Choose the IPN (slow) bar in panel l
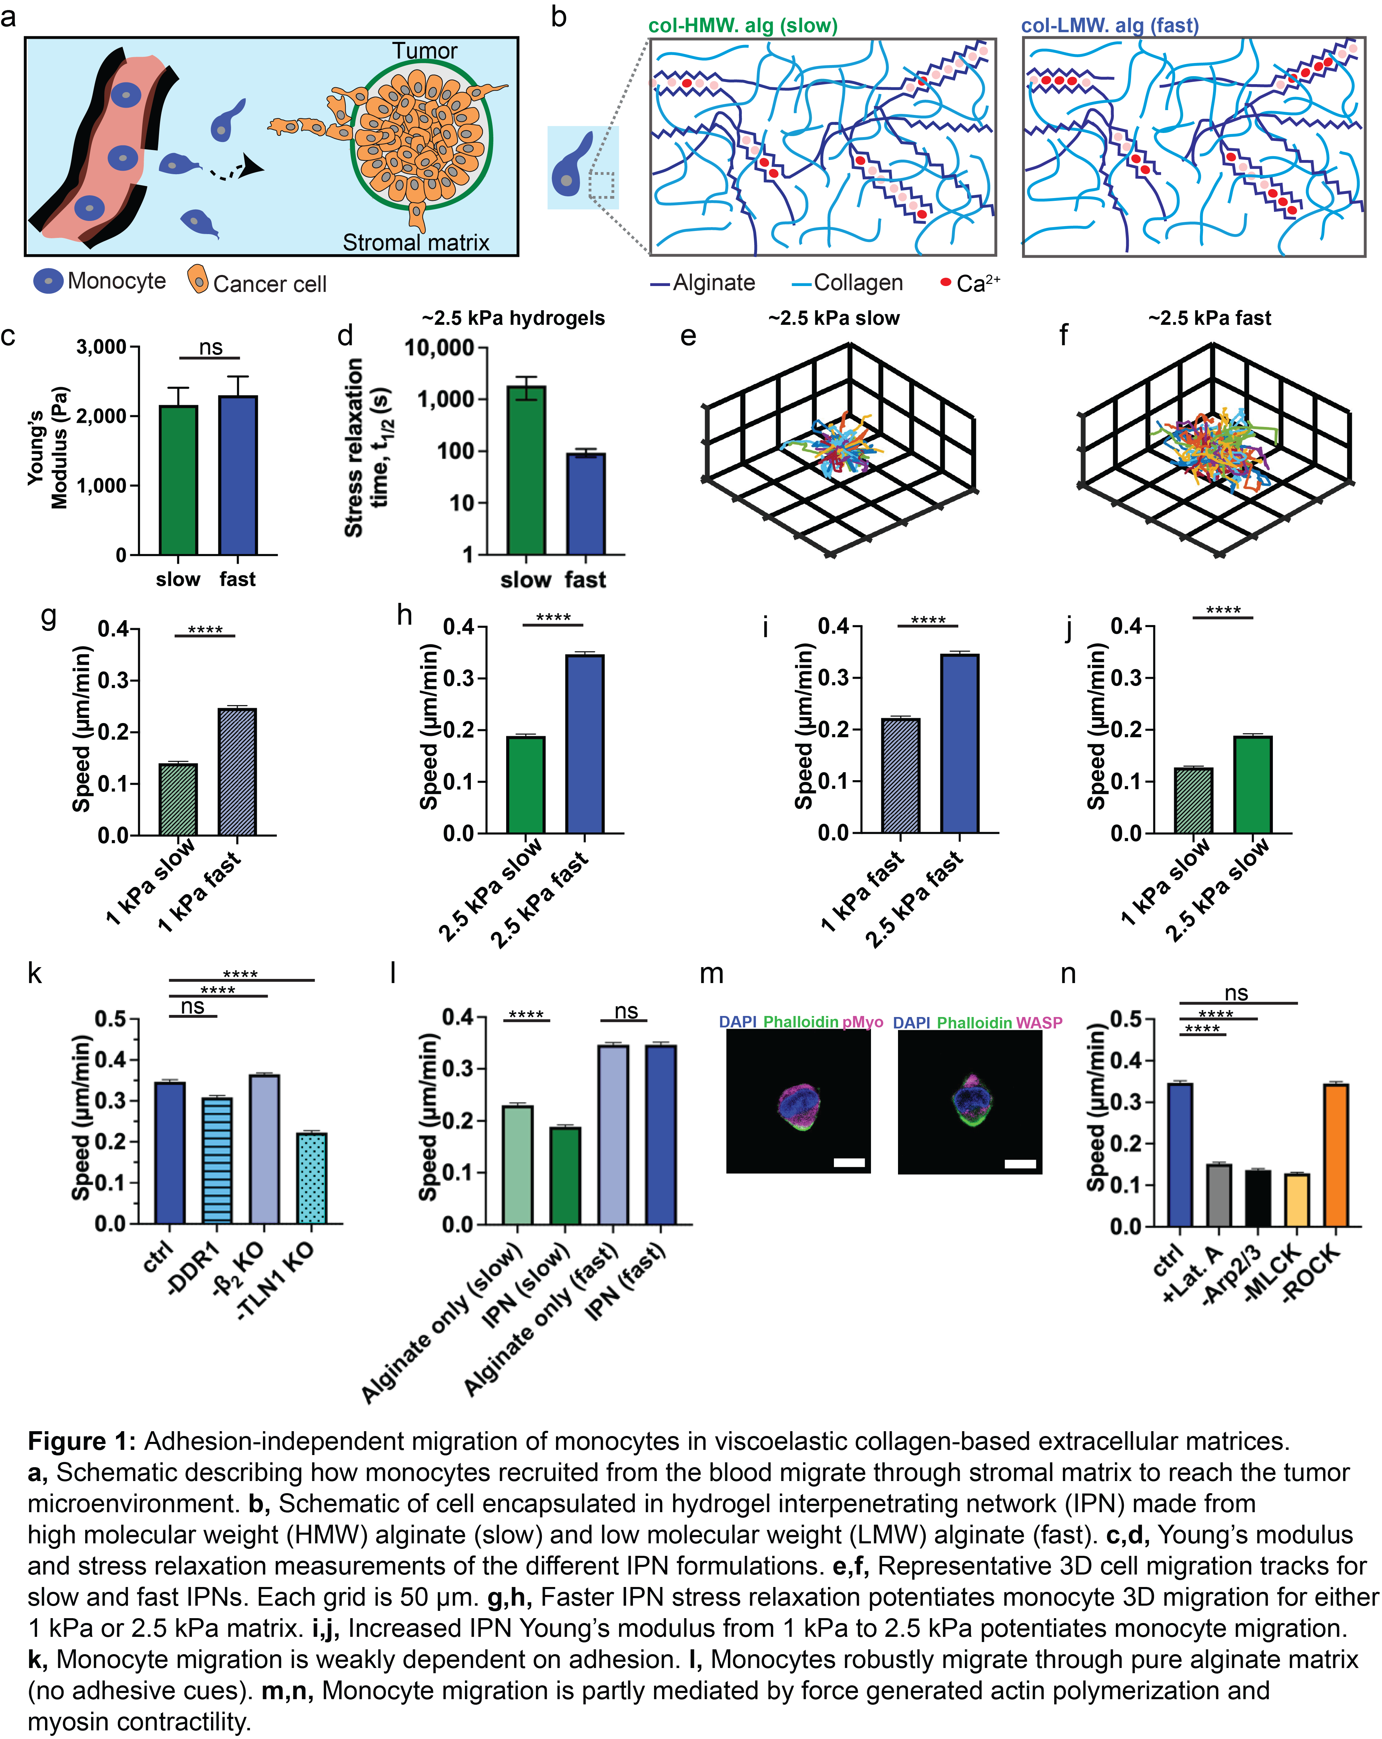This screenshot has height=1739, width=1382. click(565, 1175)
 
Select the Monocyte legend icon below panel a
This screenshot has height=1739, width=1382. click(49, 281)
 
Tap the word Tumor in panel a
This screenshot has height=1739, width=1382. click(424, 51)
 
